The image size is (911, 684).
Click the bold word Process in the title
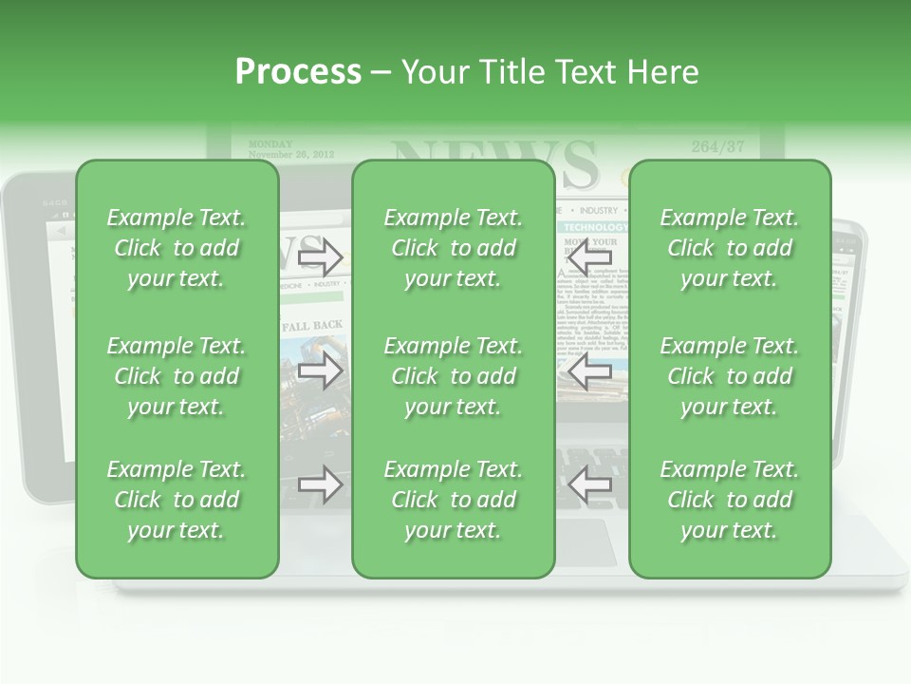298,72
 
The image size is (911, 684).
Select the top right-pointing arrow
320,256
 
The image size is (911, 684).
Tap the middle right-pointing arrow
320,370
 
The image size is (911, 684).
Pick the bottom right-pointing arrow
320,484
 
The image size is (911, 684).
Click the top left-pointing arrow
589,256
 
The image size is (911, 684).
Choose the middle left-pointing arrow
589,370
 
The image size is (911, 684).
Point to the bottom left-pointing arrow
589,484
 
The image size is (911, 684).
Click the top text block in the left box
177,248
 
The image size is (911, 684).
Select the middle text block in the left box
177,376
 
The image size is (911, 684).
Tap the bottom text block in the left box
177,500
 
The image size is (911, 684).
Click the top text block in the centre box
454,248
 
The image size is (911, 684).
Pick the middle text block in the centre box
454,376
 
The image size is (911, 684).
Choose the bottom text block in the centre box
454,500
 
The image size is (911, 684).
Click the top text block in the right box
730,248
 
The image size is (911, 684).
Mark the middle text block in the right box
730,376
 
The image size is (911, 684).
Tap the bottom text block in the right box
730,500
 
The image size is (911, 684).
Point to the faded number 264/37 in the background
717,146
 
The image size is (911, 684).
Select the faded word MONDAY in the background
269,143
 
